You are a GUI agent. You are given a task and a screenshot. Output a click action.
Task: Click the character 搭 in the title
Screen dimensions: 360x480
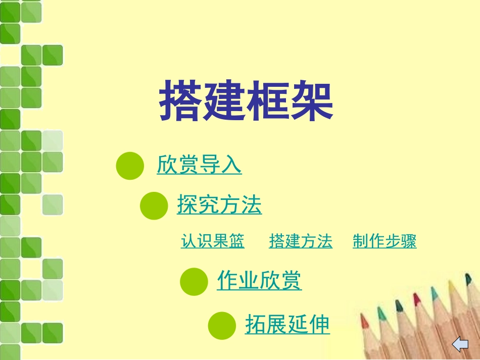coord(181,101)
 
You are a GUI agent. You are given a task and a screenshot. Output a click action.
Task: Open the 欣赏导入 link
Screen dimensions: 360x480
coord(199,165)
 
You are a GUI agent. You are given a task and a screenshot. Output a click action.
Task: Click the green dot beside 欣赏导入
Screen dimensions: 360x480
coord(130,166)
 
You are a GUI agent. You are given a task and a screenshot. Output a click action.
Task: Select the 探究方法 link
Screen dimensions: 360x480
coord(219,205)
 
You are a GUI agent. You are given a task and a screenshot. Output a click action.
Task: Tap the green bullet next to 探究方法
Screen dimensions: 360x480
coord(153,205)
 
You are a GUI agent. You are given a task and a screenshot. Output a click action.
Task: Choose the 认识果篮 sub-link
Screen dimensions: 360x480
coord(213,241)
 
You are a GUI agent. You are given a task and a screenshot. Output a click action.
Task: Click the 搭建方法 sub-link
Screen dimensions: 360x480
coord(301,241)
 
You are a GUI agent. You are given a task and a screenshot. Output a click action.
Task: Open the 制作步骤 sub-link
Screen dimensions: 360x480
coord(385,241)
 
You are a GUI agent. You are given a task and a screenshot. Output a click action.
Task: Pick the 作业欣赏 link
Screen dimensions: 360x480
coord(259,280)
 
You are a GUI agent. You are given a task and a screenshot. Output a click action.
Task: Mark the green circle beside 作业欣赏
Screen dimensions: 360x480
coord(194,281)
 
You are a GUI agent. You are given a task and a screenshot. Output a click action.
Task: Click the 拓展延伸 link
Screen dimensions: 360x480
coord(287,324)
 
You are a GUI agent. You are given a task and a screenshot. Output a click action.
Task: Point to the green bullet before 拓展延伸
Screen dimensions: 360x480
coord(222,325)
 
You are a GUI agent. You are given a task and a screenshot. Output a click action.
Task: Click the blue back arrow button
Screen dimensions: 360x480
coord(460,345)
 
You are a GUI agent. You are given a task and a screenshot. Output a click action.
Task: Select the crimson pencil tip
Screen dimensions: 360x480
coord(417,300)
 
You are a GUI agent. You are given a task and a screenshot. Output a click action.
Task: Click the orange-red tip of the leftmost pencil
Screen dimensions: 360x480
coord(364,321)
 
